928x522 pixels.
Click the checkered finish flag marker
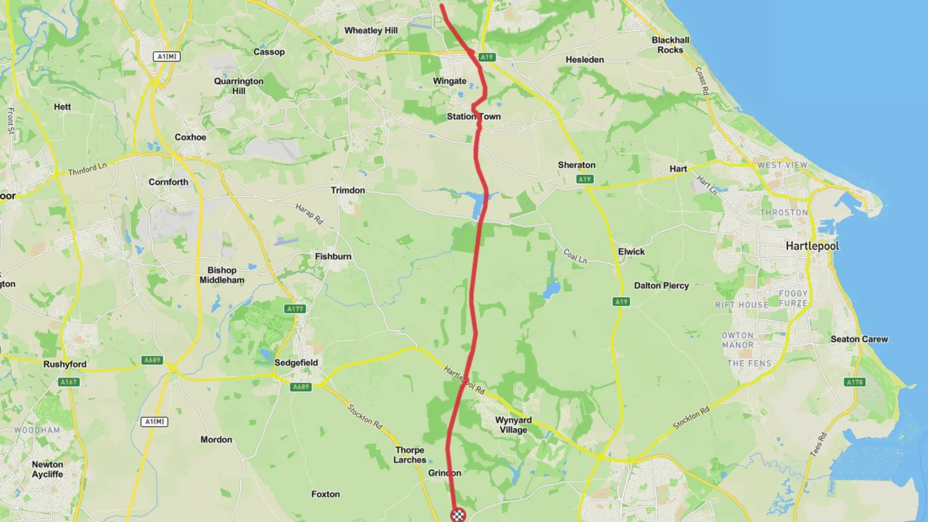(x=458, y=515)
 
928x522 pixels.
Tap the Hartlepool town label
(x=812, y=246)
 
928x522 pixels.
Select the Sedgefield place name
(x=296, y=362)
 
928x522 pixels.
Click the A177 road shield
(x=295, y=309)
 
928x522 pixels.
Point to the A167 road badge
(x=69, y=382)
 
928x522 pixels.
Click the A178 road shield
(x=855, y=382)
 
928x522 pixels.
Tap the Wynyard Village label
(x=513, y=425)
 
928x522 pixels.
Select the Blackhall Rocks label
(x=670, y=45)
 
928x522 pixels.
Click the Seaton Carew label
(x=859, y=339)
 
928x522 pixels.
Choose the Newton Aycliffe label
(x=47, y=469)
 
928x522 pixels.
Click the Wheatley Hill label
(x=371, y=30)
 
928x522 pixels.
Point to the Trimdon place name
(x=348, y=190)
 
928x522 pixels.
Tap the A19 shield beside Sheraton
(x=584, y=179)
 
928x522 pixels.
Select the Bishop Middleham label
(x=222, y=275)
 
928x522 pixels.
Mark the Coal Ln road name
(x=575, y=256)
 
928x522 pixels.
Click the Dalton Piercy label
(x=661, y=286)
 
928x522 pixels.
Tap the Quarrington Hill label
(x=239, y=86)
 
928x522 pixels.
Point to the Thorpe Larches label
(x=410, y=455)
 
